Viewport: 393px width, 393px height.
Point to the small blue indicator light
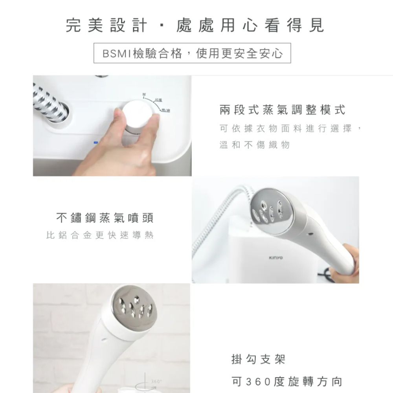click(x=95, y=142)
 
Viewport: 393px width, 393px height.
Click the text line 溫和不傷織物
click(x=255, y=145)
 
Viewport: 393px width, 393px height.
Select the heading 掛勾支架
click(x=258, y=359)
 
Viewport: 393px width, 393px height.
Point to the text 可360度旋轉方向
click(x=287, y=381)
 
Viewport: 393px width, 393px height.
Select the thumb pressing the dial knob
click(x=118, y=118)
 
